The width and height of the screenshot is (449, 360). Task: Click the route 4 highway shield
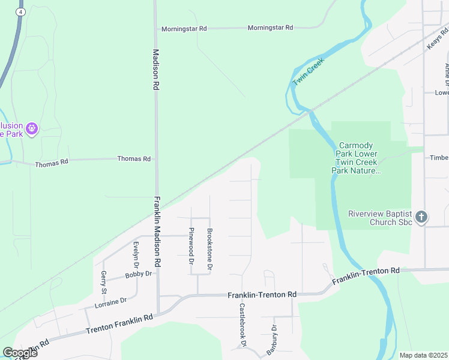point(22,12)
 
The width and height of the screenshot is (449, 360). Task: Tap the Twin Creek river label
point(308,72)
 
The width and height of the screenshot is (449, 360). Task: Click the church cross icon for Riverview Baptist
point(421,217)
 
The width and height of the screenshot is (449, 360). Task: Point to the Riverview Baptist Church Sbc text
point(381,218)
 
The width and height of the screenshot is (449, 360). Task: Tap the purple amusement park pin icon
point(32,128)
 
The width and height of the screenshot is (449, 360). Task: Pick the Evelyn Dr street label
point(136,255)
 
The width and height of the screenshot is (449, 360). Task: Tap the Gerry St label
point(104,282)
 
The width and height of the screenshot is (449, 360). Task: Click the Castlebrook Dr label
point(243,325)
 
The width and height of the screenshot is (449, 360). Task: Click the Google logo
point(20,352)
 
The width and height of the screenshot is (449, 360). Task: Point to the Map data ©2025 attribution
point(423,355)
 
